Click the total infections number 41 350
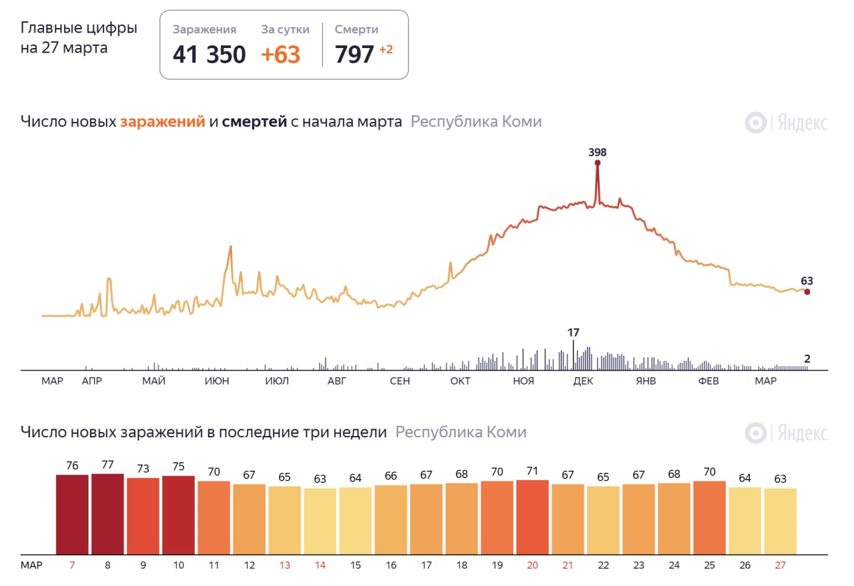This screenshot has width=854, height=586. (x=209, y=55)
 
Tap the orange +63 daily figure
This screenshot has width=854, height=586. (x=280, y=55)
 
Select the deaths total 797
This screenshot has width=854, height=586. (x=354, y=55)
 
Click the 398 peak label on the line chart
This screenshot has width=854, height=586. (x=597, y=152)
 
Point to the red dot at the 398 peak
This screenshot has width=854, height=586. (x=597, y=163)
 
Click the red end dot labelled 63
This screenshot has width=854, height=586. (x=807, y=291)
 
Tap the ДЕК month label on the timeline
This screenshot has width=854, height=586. (x=583, y=381)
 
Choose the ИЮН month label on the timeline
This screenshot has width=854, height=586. (x=217, y=381)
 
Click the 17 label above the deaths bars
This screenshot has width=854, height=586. (x=573, y=332)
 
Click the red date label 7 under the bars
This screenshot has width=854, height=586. (x=72, y=565)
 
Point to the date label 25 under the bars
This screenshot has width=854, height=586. (x=709, y=565)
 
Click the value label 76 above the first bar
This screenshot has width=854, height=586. (x=72, y=465)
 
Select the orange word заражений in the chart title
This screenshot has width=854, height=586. (x=162, y=122)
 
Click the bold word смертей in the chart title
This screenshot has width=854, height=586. (x=254, y=122)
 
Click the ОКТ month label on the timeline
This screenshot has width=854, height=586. (x=460, y=381)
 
